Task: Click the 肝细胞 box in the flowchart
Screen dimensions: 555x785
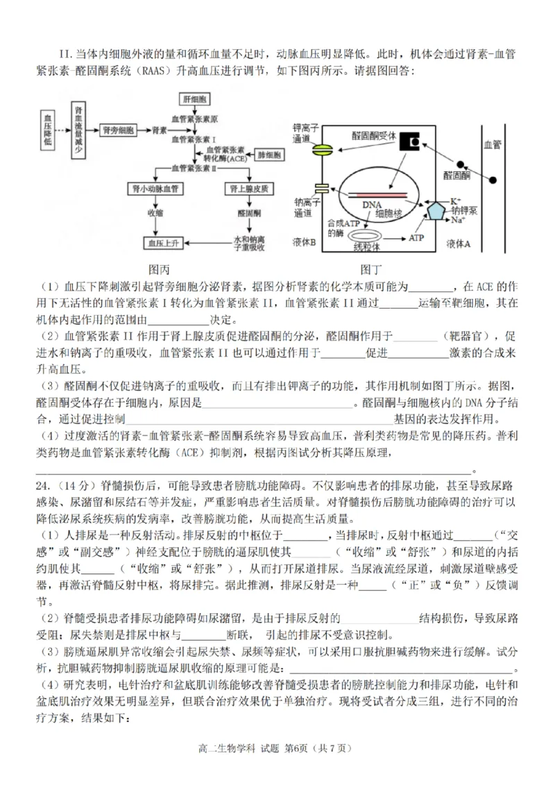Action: point(194,100)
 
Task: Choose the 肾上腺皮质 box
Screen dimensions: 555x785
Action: point(246,189)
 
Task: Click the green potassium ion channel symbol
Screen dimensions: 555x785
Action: point(321,149)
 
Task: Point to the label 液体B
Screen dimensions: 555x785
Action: point(304,243)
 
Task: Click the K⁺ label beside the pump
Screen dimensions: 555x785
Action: point(456,200)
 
